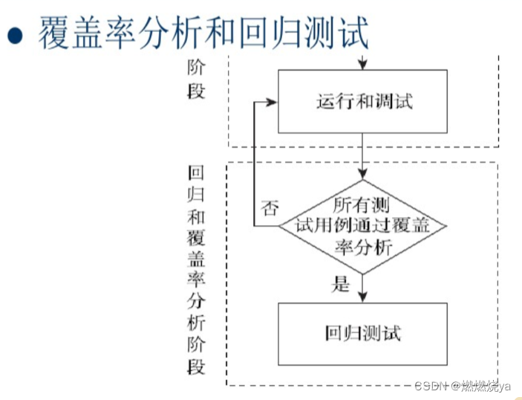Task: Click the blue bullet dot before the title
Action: pos(16,35)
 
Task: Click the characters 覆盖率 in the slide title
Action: pos(88,33)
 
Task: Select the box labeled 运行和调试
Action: pos(362,102)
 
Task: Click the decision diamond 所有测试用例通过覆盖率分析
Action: pos(362,225)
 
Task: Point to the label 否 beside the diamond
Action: pos(270,208)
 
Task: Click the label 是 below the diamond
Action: pos(341,283)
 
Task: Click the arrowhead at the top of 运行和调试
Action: pos(362,65)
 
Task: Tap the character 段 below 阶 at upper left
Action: pos(196,92)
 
